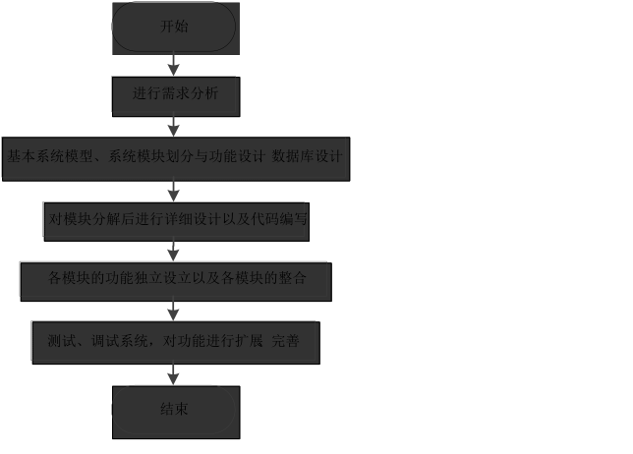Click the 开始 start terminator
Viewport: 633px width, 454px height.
coord(174,28)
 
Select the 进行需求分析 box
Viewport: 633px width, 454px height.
coord(174,95)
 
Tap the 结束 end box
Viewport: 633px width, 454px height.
coord(175,411)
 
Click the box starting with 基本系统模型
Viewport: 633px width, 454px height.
coord(175,158)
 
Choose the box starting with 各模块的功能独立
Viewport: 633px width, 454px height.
coord(176,280)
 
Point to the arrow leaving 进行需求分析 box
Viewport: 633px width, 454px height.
coord(174,126)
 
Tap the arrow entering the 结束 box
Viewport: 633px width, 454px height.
coord(174,375)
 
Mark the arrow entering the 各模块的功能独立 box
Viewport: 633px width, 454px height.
coord(174,252)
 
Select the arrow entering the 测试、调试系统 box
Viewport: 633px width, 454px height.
coord(174,312)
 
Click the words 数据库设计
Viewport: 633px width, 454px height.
coord(307,156)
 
